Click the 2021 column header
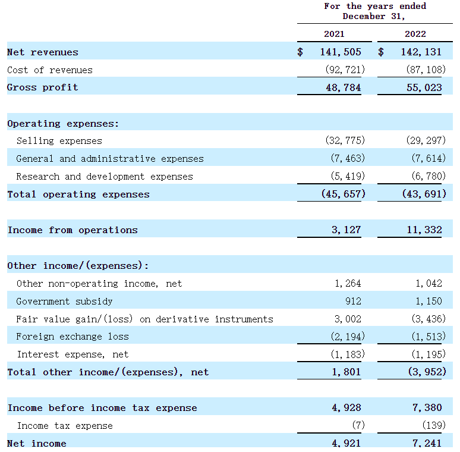point(334,34)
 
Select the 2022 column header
point(415,34)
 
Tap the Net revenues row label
point(42,52)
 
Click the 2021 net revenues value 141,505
point(340,52)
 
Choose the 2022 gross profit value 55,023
point(424,87)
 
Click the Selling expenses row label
point(59,141)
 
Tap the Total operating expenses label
point(78,194)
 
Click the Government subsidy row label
point(64,302)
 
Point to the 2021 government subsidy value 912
point(352,302)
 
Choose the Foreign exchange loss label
point(72,337)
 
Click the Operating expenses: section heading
point(63,124)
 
